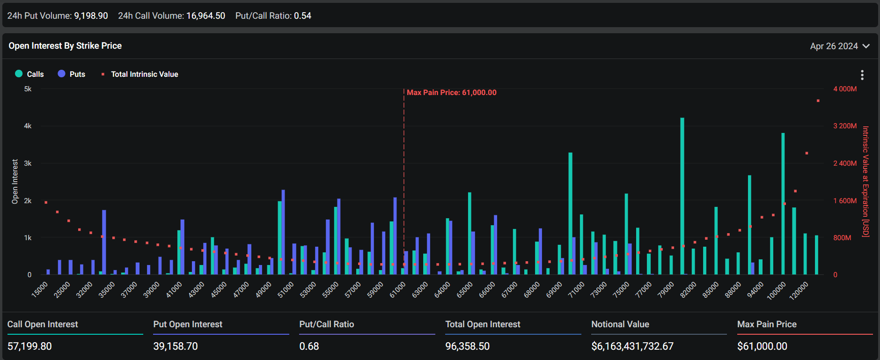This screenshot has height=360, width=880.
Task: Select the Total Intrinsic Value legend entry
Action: pos(140,74)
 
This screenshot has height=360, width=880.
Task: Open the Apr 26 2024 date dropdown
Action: pos(839,46)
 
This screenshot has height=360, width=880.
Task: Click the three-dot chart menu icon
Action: pos(862,75)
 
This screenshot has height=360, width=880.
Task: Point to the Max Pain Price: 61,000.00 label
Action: pos(451,93)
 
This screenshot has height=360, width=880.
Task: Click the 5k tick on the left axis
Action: pos(28,89)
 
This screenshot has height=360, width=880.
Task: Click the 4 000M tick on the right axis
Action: pos(844,89)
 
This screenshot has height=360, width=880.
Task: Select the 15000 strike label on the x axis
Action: pos(40,289)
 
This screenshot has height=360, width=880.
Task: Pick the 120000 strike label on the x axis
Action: pos(799,291)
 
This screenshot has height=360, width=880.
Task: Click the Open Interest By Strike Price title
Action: pos(65,46)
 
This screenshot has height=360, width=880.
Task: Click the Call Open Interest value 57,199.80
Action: pos(29,346)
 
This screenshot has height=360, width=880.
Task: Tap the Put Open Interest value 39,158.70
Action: pos(176,346)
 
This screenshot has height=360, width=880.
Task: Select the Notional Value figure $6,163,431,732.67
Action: pos(632,346)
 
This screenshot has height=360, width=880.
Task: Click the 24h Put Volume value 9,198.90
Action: pos(91,16)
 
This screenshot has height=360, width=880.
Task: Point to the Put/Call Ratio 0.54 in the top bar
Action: pos(302,16)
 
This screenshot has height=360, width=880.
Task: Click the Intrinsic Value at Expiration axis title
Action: pos(865,182)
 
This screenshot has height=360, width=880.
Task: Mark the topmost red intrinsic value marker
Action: pos(818,101)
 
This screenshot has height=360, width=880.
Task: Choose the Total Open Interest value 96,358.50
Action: pos(467,346)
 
